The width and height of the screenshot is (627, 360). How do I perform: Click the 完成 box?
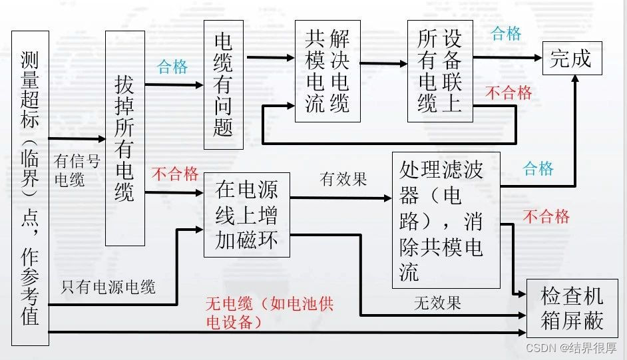(571, 59)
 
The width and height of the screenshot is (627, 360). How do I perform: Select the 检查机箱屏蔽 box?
(572, 308)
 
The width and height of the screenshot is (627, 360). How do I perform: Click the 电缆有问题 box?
(224, 84)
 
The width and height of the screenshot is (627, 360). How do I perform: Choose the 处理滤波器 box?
(445, 220)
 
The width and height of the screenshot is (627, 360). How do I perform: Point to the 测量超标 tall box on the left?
(30, 188)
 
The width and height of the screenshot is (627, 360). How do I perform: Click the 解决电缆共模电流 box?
(327, 71)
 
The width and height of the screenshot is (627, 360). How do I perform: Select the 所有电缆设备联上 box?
(440, 71)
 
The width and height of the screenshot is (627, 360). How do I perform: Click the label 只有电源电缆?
(108, 287)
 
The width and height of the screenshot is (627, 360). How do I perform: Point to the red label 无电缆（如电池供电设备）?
(269, 313)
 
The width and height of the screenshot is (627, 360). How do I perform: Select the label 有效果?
(343, 179)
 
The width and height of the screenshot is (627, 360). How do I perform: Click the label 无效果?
(437, 303)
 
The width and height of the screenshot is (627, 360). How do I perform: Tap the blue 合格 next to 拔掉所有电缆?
(172, 67)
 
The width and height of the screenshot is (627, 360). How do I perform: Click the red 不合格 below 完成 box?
(509, 93)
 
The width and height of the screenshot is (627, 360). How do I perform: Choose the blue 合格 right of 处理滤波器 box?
(538, 168)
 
